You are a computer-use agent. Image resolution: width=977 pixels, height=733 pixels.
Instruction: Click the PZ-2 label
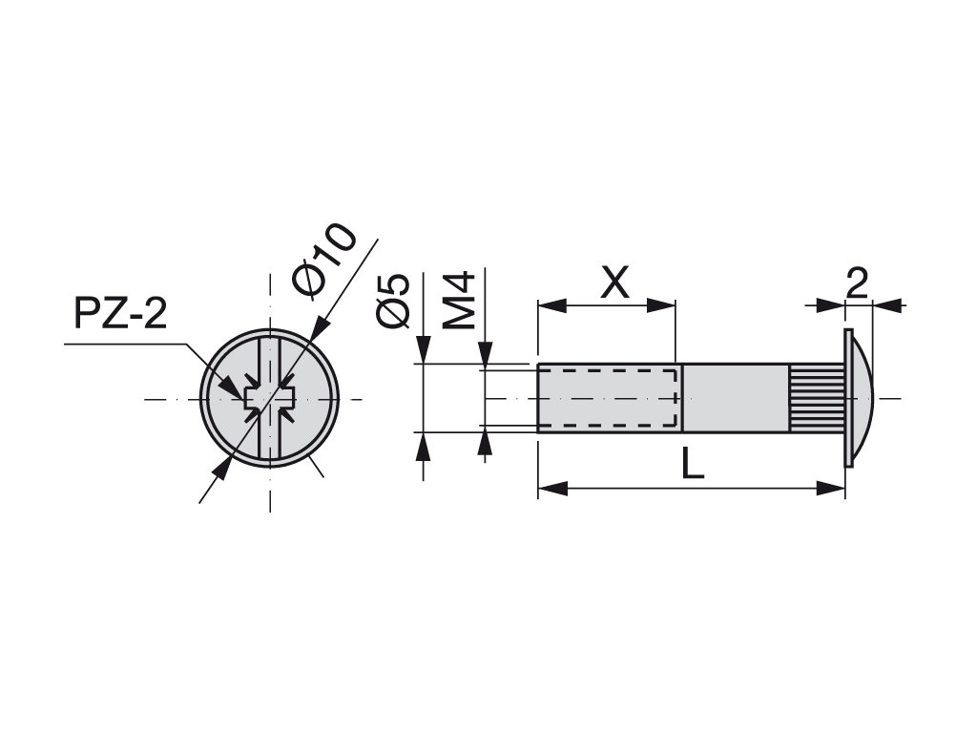pyautogui.click(x=120, y=313)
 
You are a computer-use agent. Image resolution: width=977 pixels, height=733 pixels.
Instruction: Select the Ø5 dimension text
pyautogui.click(x=394, y=301)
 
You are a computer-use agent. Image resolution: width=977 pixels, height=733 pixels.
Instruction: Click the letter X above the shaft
pyautogui.click(x=615, y=282)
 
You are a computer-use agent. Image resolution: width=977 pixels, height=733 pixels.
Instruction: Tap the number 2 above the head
pyautogui.click(x=858, y=283)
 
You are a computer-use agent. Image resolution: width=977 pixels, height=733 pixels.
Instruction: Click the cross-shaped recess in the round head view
pyautogui.click(x=269, y=398)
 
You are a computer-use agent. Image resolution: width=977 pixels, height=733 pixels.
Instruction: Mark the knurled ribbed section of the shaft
pyautogui.click(x=817, y=398)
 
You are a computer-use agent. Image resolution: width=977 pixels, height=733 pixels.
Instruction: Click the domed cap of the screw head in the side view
pyautogui.click(x=863, y=398)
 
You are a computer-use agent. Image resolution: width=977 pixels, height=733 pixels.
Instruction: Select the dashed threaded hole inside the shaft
pyautogui.click(x=608, y=398)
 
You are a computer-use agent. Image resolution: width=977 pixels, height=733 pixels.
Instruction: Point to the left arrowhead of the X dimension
pyautogui.click(x=552, y=306)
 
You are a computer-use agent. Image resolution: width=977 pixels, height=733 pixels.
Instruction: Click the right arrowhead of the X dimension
pyautogui.click(x=660, y=306)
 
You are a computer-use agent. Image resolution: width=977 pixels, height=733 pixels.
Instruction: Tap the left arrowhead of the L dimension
pyautogui.click(x=552, y=488)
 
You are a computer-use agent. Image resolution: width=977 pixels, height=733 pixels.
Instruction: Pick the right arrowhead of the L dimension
pyautogui.click(x=831, y=488)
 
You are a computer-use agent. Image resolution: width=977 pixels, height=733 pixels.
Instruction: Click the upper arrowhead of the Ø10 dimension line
pyautogui.click(x=319, y=328)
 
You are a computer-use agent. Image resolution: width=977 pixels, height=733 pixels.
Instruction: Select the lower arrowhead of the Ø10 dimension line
pyautogui.click(x=221, y=466)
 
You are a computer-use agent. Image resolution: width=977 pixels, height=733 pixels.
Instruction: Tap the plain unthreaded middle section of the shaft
pyautogui.click(x=736, y=398)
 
